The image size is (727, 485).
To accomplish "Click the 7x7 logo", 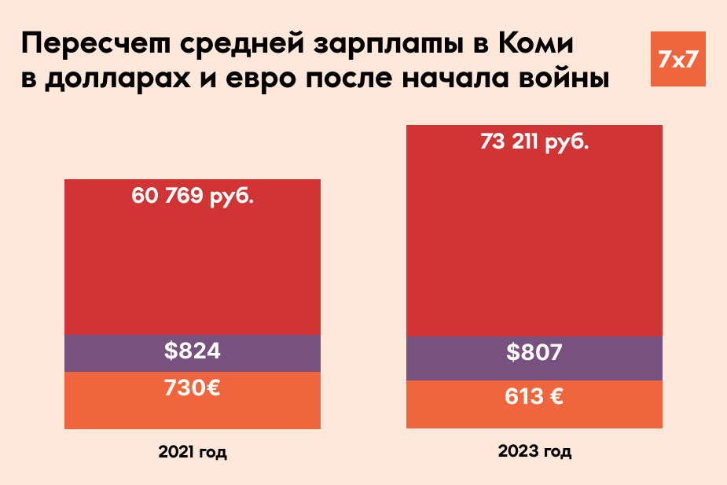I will [x=678, y=59].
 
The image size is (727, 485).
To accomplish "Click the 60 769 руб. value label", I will [x=193, y=196].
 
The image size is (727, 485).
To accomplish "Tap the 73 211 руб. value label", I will [x=534, y=143].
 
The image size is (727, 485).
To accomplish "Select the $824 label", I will [x=193, y=351].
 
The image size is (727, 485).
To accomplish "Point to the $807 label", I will [x=534, y=352].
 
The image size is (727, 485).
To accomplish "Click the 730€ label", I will [x=193, y=388].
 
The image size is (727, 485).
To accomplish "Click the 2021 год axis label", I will [x=193, y=453].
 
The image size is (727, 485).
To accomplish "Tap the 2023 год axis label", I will [x=534, y=452].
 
